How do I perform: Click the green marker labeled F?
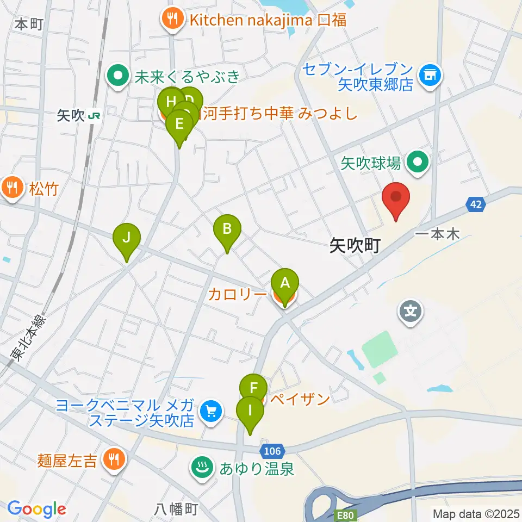[253, 389]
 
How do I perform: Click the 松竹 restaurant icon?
[11, 188]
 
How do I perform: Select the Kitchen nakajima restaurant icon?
[172, 20]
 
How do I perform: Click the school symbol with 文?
[411, 312]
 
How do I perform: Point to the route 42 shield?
[474, 204]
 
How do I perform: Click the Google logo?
[36, 509]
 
